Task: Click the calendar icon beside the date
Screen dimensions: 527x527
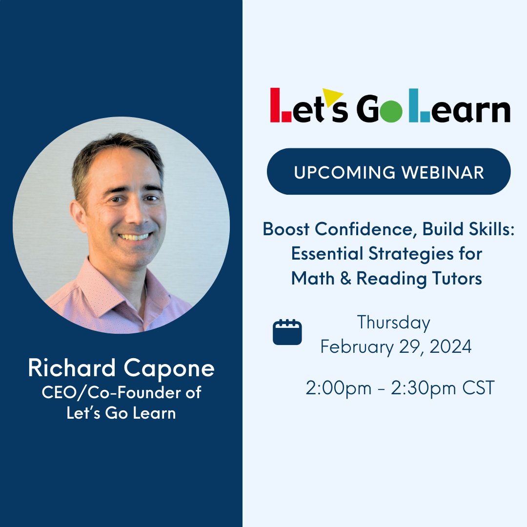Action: click(287, 332)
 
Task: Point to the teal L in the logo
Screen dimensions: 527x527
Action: click(419, 105)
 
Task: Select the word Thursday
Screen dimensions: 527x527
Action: click(393, 323)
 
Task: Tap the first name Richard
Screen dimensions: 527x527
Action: click(71, 368)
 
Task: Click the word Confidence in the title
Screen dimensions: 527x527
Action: click(363, 229)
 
